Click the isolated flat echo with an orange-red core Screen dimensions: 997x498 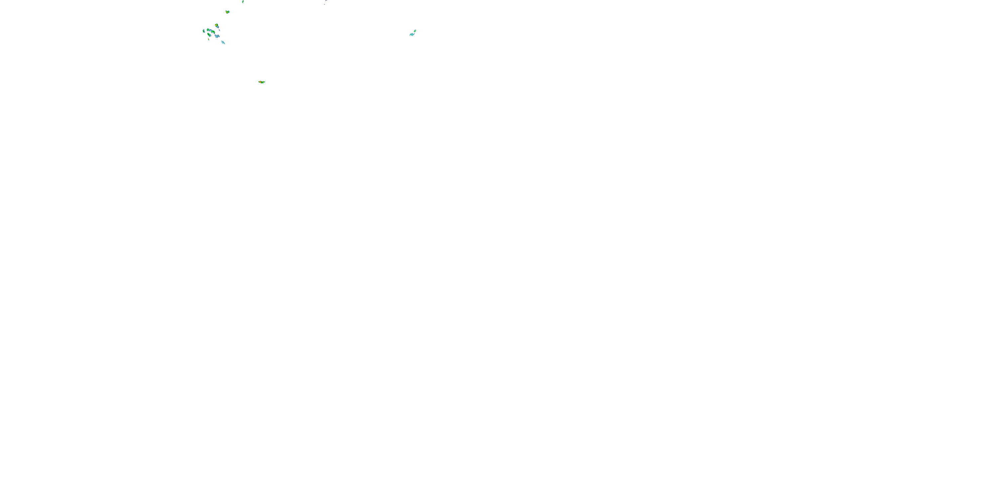(x=262, y=82)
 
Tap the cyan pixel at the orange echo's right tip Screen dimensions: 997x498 (x=264, y=82)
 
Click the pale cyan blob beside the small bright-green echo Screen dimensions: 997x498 (x=412, y=35)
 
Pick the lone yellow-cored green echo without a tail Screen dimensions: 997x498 (x=228, y=12)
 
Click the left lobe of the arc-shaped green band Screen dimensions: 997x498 (x=208, y=30)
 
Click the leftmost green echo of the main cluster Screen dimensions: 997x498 (x=204, y=31)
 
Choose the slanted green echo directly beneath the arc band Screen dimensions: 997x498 (x=209, y=35)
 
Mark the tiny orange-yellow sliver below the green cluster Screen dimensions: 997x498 (x=209, y=39)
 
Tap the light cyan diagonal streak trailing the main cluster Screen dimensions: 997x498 (x=223, y=42)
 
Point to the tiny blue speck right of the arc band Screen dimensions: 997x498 (x=219, y=31)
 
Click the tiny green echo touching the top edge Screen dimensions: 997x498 (x=243, y=2)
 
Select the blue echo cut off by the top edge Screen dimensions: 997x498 (x=326, y=1)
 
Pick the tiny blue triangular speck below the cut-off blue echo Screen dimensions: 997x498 (x=324, y=4)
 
